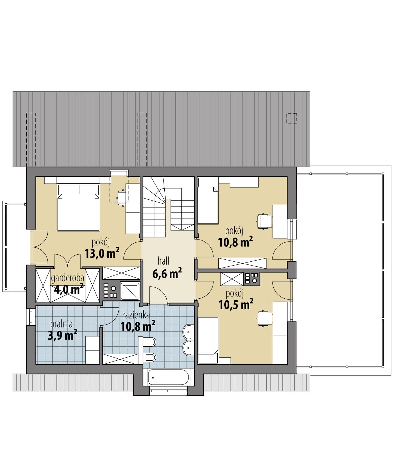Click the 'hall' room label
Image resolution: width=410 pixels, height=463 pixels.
click(x=164, y=261)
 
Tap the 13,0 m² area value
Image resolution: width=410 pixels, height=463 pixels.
click(x=102, y=253)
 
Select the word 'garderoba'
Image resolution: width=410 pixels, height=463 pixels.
click(x=67, y=278)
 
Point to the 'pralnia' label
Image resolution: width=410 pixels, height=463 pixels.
click(x=61, y=324)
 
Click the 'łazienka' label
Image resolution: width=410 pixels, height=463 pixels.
click(x=136, y=315)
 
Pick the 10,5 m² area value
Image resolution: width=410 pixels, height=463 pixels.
click(x=236, y=304)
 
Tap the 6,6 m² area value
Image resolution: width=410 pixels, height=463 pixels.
click(x=167, y=273)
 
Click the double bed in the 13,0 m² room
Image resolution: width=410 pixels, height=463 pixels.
click(x=78, y=207)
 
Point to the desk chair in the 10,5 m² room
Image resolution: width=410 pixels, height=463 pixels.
click(x=264, y=319)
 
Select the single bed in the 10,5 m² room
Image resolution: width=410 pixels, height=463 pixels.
click(x=208, y=340)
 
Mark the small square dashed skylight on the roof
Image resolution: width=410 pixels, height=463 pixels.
click(x=292, y=118)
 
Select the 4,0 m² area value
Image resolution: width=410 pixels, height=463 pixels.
click(x=69, y=289)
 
